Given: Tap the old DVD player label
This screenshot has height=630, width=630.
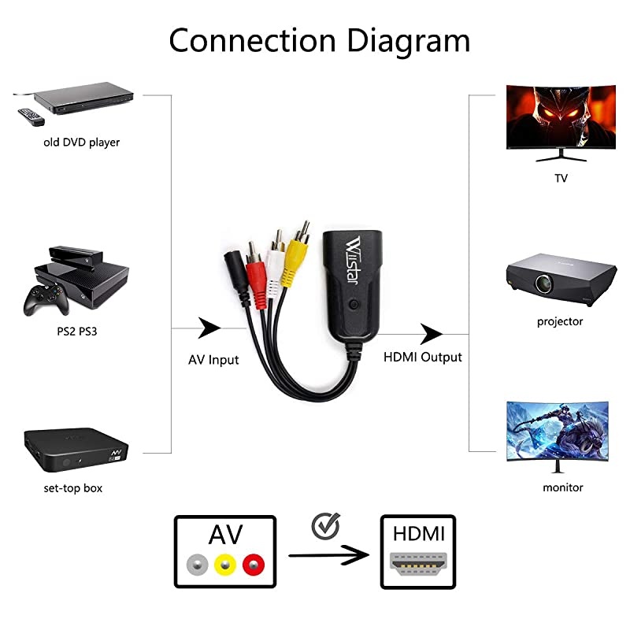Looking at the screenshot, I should [x=81, y=143].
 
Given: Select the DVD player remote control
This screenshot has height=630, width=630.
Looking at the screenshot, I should [x=28, y=117].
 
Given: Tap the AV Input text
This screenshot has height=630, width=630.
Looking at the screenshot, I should [x=213, y=360].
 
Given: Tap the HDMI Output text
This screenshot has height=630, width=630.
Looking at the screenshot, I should [x=422, y=357].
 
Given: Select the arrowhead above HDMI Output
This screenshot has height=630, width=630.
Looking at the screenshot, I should [x=432, y=333].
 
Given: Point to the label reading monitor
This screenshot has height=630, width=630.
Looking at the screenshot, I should [x=562, y=487].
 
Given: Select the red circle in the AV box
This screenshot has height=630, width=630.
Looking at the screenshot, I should [x=252, y=565].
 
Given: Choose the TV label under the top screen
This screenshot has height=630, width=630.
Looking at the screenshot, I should [x=560, y=178].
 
